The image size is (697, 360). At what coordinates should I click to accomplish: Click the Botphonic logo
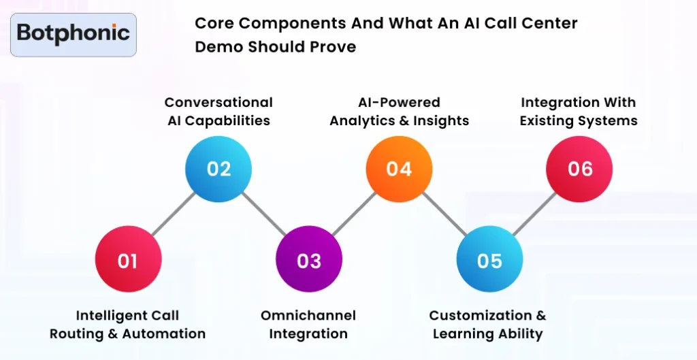[x=74, y=33]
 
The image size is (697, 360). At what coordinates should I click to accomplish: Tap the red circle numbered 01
[x=128, y=261]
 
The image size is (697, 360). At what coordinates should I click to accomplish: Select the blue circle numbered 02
[x=218, y=169]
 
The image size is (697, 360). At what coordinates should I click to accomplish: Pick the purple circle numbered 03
[x=309, y=261]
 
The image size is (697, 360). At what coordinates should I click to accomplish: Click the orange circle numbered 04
[x=400, y=169]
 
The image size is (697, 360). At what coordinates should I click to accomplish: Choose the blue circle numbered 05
[x=489, y=261]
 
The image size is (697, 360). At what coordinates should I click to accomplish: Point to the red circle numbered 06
[x=579, y=169]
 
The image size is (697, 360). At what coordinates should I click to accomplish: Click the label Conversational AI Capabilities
[x=218, y=112]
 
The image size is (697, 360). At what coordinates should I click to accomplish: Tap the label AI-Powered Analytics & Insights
[x=400, y=112]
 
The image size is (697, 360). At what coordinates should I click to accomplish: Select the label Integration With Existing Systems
[x=579, y=112]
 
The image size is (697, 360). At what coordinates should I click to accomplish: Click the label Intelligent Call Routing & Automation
[x=128, y=325]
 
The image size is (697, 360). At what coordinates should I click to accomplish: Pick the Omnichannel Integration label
[x=308, y=325]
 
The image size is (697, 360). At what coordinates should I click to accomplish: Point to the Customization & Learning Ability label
[x=488, y=325]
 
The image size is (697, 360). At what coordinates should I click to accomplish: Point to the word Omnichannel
[x=308, y=316]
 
